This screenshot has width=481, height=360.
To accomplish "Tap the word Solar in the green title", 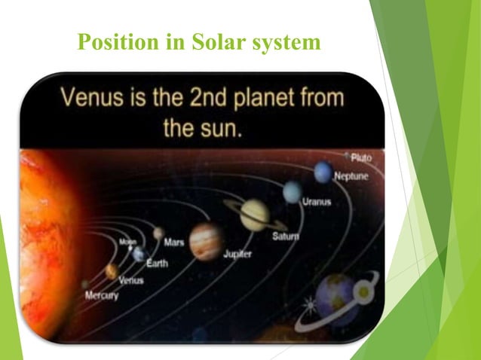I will [213, 44].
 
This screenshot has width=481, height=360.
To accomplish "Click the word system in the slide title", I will [284, 44].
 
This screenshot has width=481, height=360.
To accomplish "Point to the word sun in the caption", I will [222, 127].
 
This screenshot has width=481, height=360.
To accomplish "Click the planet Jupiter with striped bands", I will [205, 240].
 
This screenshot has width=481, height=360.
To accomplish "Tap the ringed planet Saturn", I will [255, 215].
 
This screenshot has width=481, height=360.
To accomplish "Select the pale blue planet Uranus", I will [293, 192].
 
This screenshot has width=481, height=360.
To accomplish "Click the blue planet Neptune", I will [323, 173].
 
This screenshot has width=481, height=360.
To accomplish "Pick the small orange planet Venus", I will [112, 270].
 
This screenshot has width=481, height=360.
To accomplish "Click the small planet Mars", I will [158, 233].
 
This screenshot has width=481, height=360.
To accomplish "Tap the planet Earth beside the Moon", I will [139, 254].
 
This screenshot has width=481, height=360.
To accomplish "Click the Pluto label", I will [360, 157].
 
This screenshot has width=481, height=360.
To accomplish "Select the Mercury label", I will [101, 296].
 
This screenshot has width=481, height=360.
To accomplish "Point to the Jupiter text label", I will [238, 255].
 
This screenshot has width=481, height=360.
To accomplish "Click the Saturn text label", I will [285, 236].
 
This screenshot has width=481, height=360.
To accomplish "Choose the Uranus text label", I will [316, 202].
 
